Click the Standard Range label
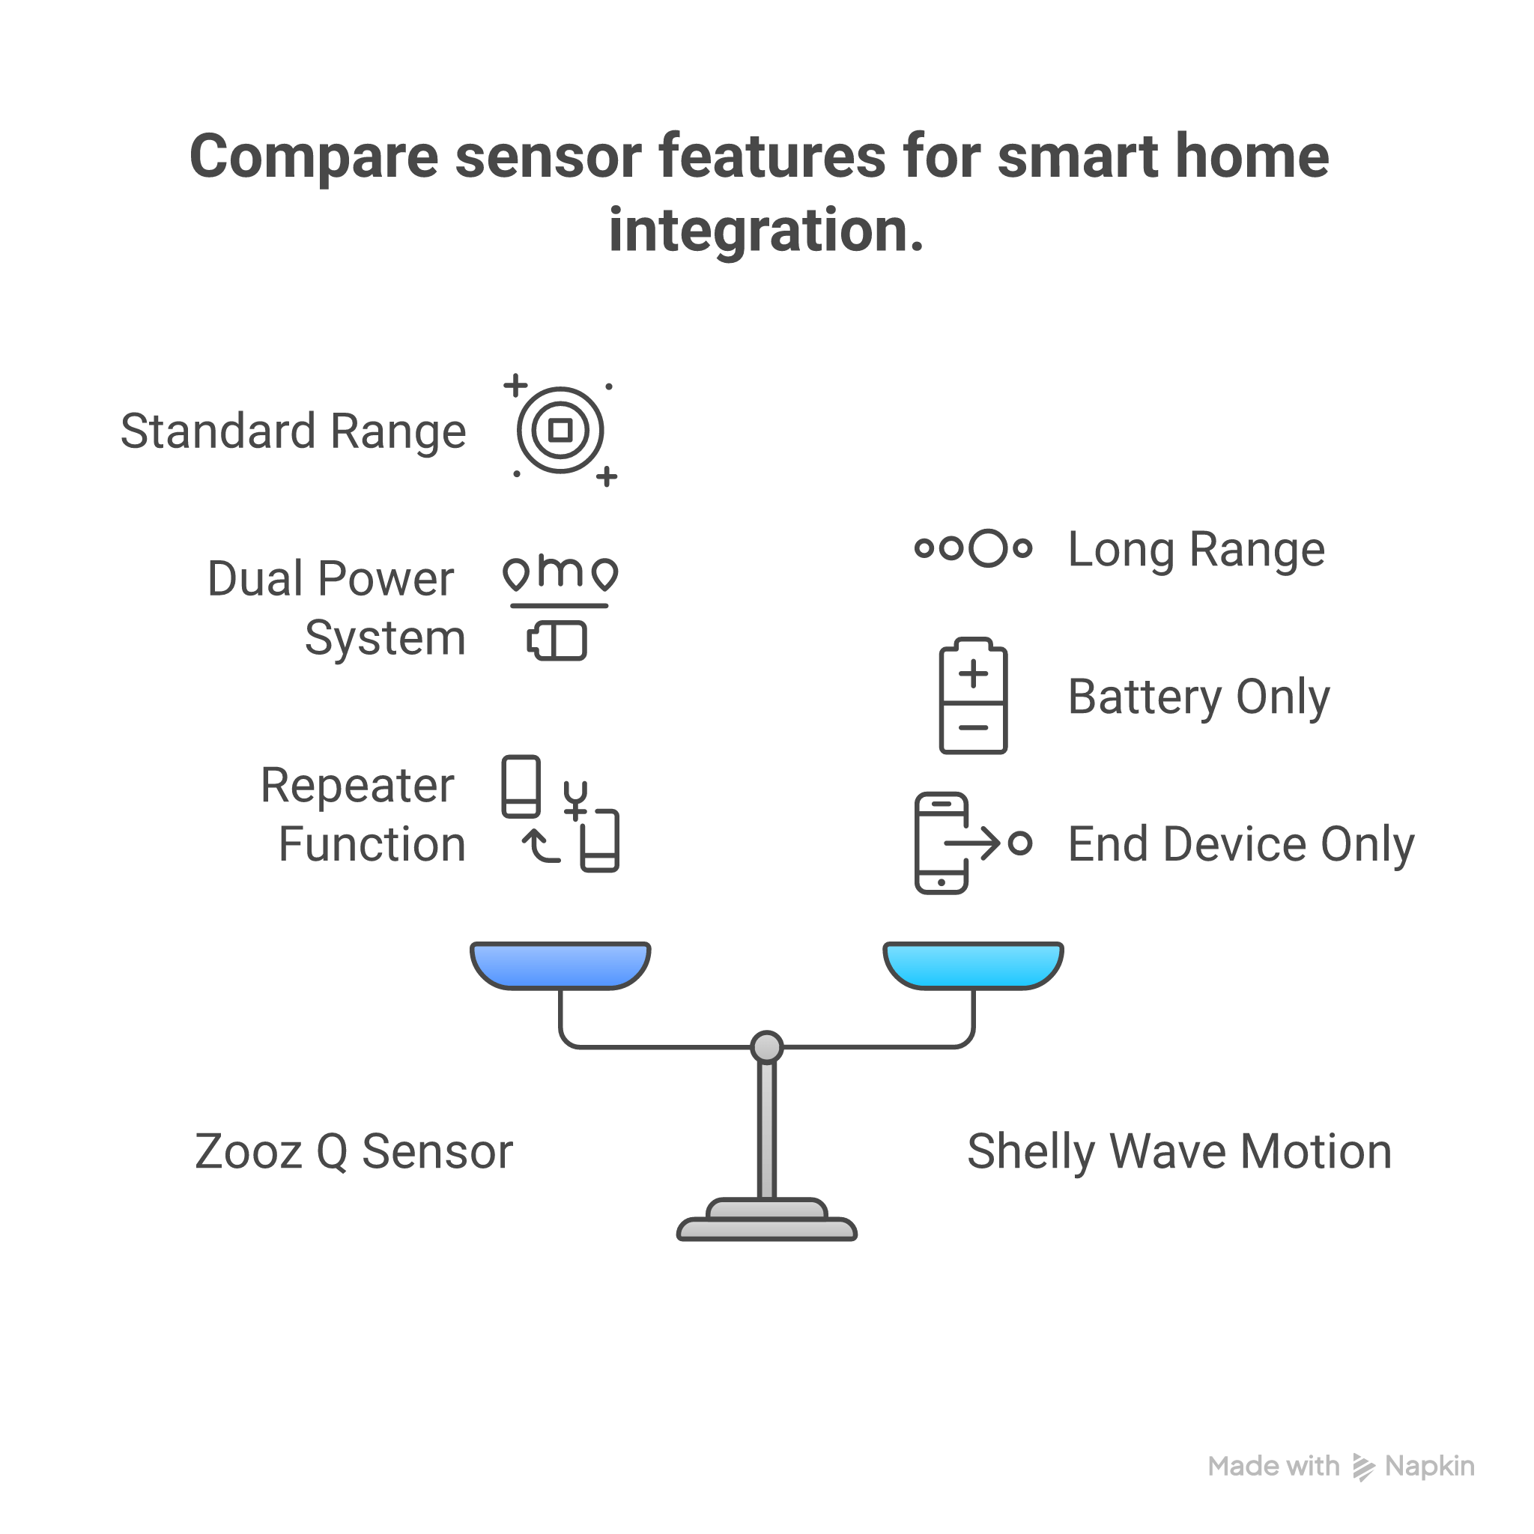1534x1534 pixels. point(293,431)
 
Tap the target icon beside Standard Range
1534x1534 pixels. point(560,431)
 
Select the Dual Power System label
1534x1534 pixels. point(336,607)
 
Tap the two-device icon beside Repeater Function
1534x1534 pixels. point(560,814)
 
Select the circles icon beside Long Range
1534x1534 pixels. point(974,548)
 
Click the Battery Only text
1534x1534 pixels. point(1199,697)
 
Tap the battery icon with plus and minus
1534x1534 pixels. point(974,697)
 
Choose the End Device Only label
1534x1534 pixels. point(1241,843)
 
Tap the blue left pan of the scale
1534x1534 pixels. point(560,965)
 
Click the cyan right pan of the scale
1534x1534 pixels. point(974,965)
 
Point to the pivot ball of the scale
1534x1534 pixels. point(767,1046)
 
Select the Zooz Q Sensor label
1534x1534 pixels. point(354,1151)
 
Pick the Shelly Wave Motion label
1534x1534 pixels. point(1179,1151)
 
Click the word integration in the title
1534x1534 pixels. point(766,230)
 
